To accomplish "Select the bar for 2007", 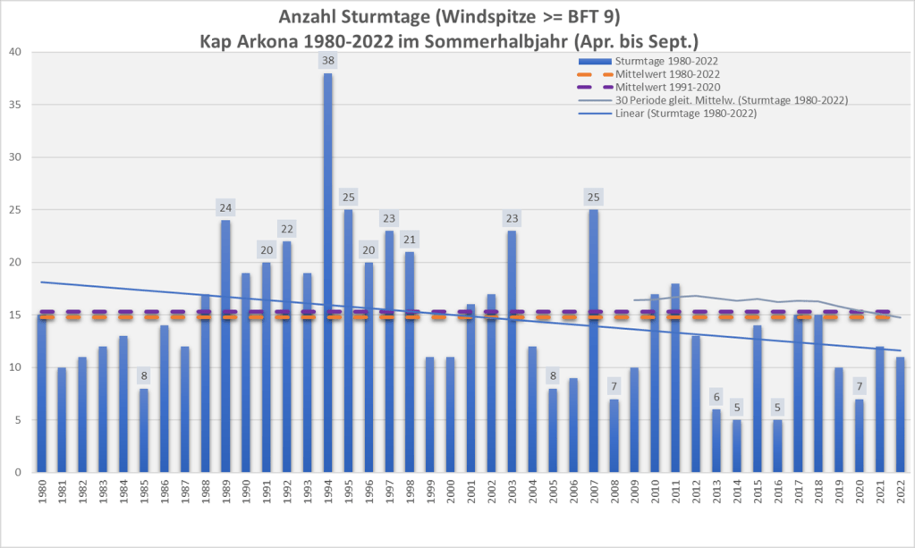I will pos(593,341).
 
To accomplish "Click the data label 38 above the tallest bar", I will pos(327,61).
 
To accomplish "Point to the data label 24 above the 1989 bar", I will pos(225,207).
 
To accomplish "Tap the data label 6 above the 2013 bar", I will pos(716,397).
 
